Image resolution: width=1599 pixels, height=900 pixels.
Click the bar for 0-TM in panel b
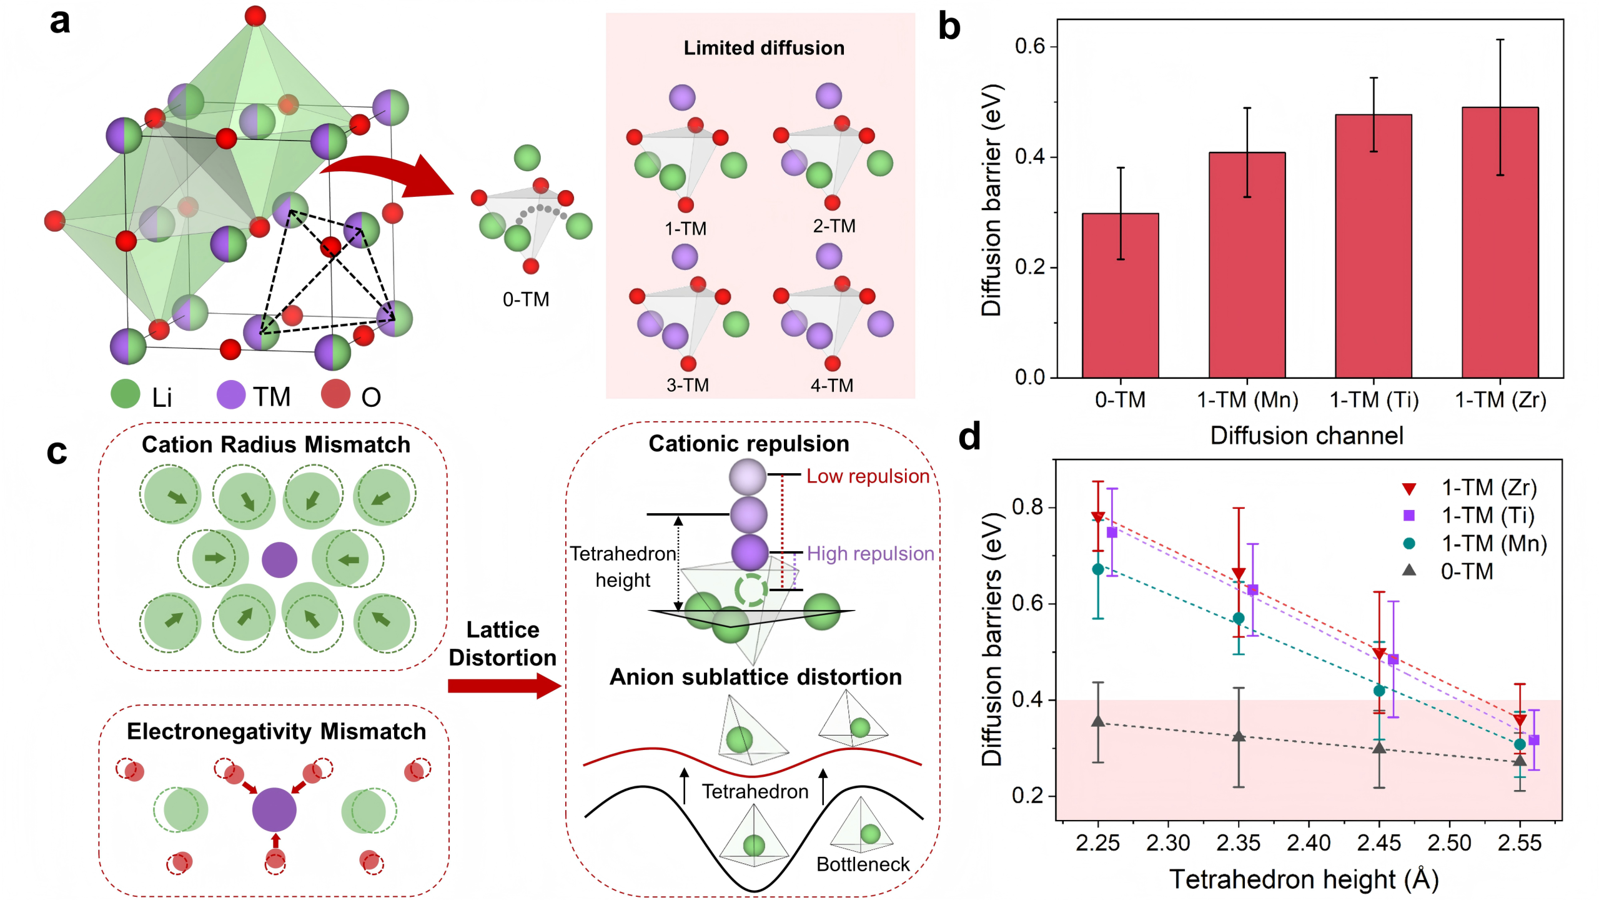click(1120, 295)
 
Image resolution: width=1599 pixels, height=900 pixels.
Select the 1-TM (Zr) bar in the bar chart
click(1500, 242)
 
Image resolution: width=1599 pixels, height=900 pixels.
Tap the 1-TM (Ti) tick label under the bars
click(1374, 400)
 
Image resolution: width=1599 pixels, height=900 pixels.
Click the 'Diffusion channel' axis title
click(1307, 436)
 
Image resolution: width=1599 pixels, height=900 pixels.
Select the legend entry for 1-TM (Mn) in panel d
click(1474, 543)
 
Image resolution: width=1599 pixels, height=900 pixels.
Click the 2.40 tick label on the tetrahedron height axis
click(1308, 842)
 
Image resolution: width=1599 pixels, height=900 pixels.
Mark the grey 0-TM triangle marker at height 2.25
click(1097, 721)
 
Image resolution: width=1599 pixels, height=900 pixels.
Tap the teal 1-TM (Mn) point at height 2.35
click(1238, 618)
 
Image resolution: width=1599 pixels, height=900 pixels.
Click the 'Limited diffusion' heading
click(763, 48)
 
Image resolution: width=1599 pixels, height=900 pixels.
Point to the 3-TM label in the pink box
click(687, 385)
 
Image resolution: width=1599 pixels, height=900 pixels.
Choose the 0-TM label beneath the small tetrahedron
click(526, 299)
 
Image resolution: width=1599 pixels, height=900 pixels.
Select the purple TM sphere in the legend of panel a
click(230, 396)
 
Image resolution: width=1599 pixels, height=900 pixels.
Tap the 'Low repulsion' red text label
click(868, 476)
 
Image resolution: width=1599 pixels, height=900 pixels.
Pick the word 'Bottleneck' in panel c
click(863, 864)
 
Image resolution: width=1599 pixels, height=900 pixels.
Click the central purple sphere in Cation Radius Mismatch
click(279, 559)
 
